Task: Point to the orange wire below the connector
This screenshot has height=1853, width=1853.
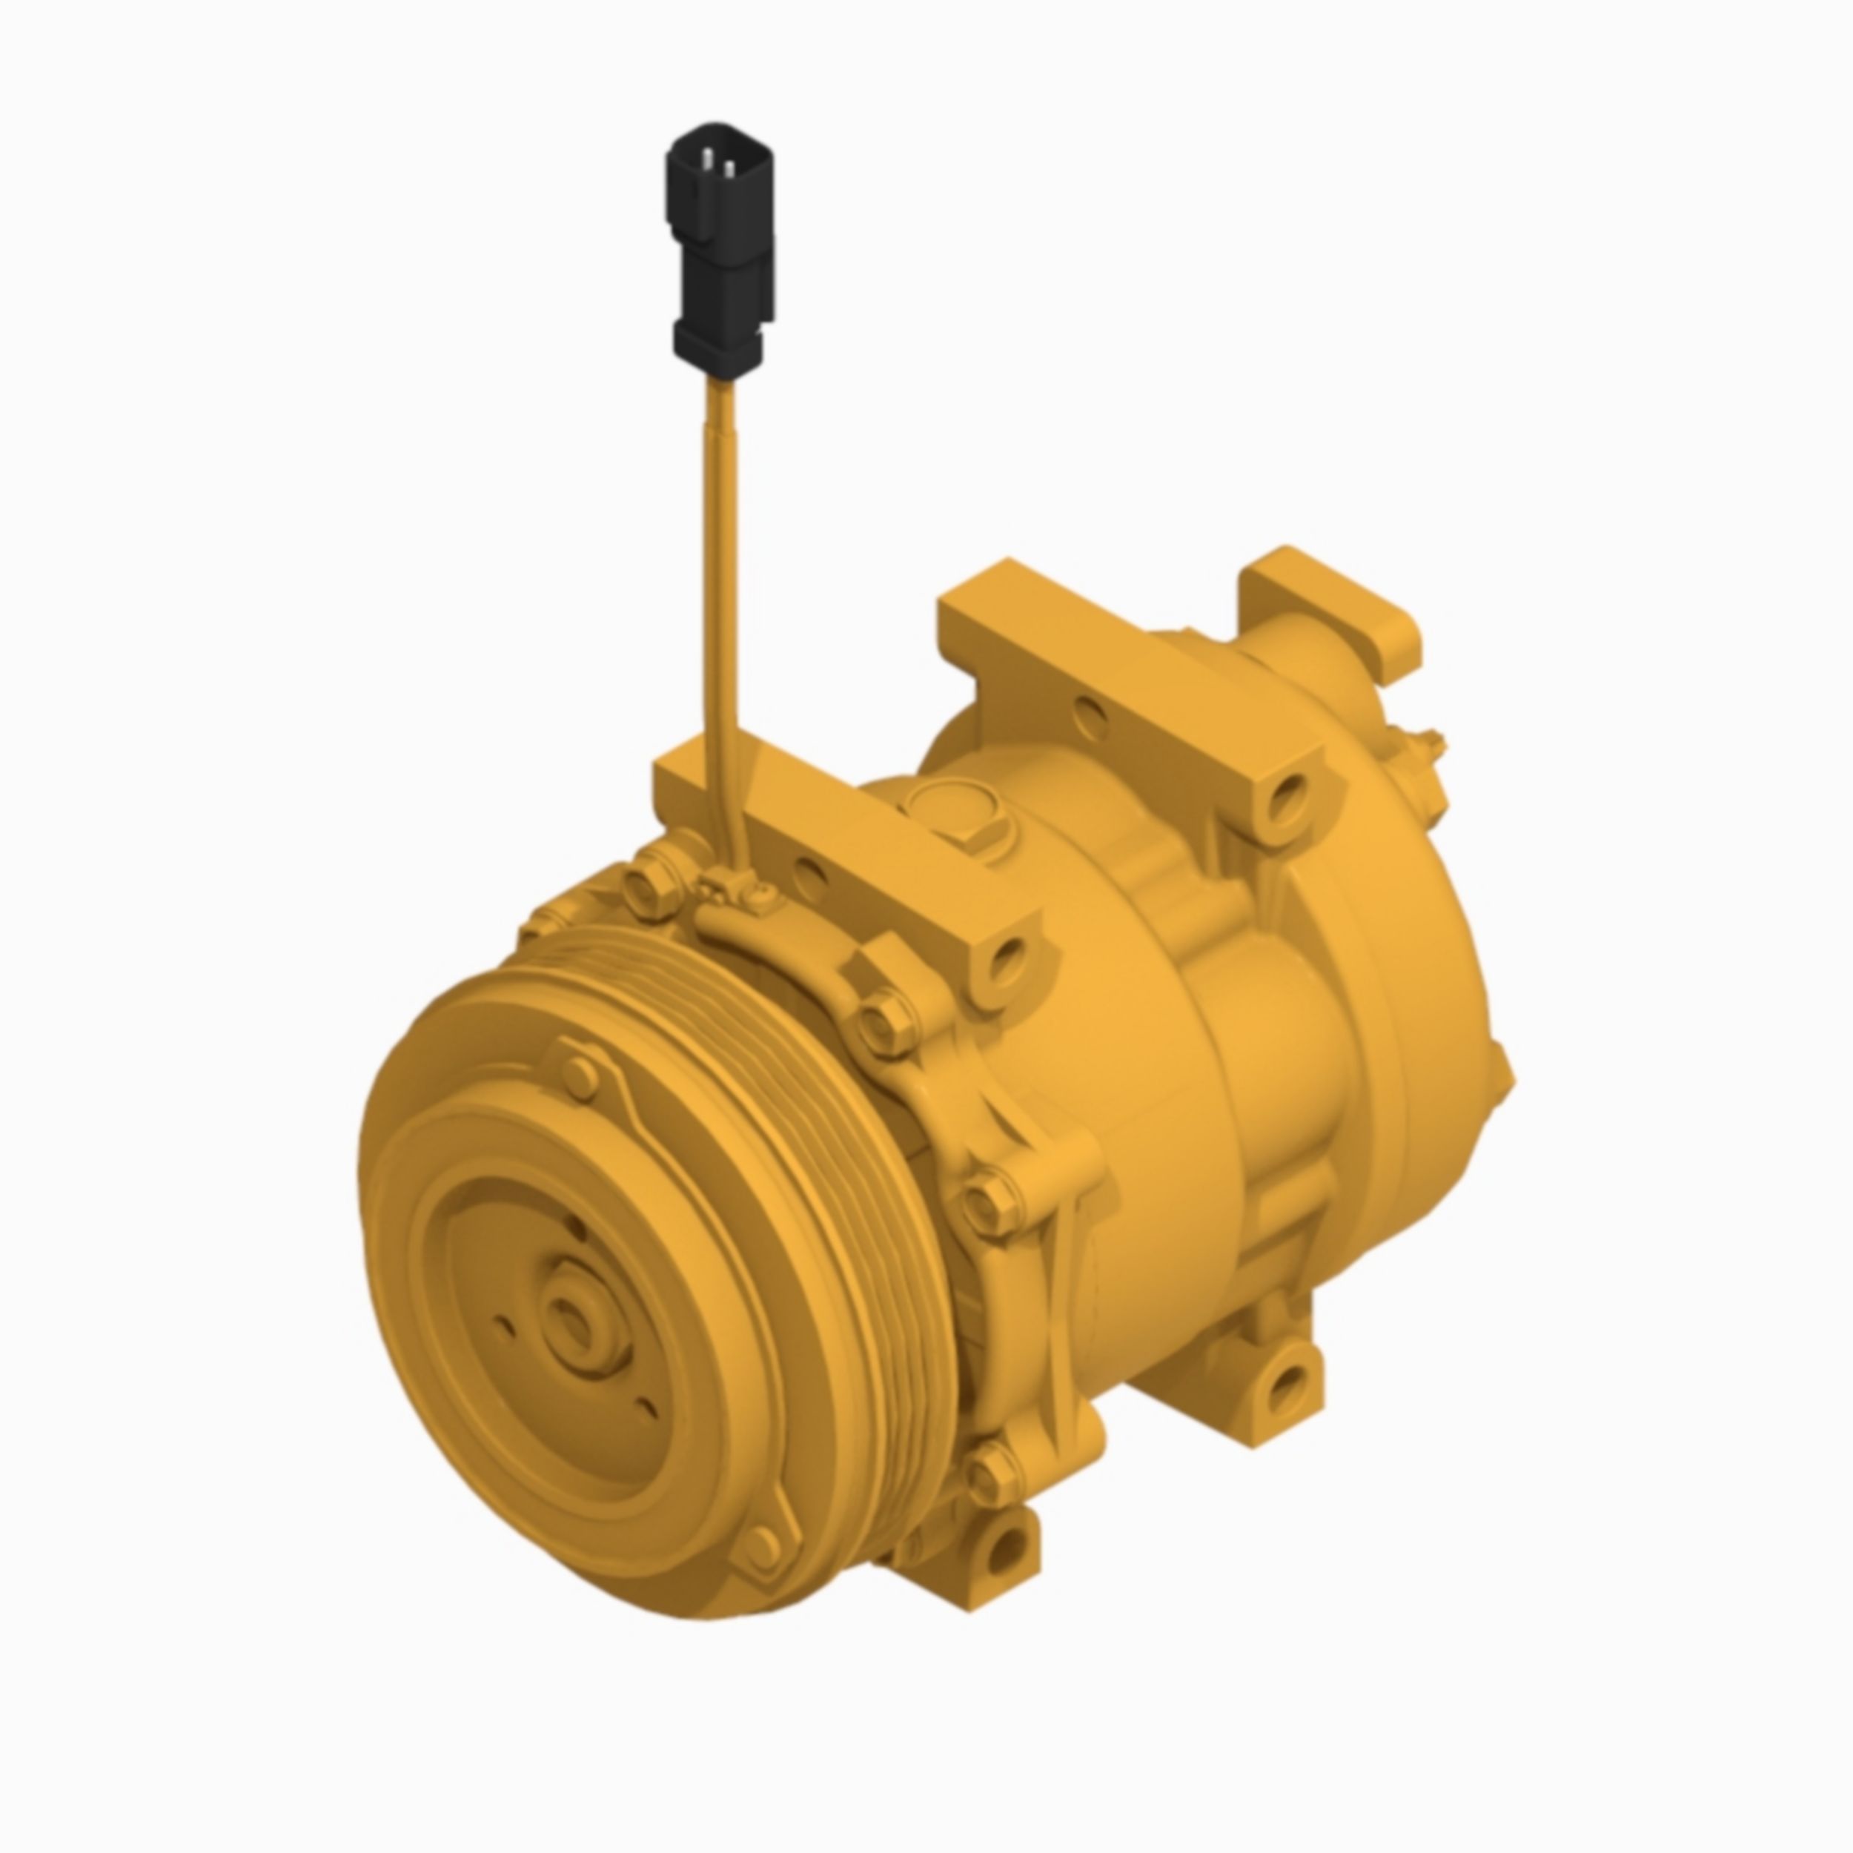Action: pyautogui.click(x=721, y=575)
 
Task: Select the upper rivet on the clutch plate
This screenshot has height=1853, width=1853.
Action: pyautogui.click(x=580, y=1075)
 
